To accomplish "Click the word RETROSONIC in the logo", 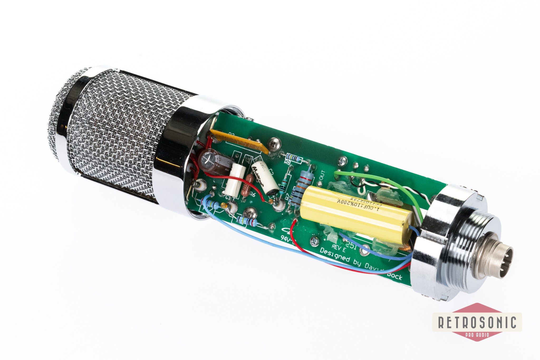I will click(477, 322).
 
